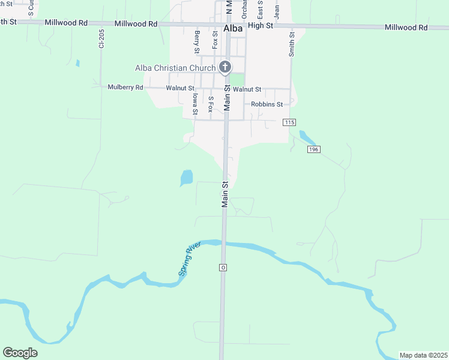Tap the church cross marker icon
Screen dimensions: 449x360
225,67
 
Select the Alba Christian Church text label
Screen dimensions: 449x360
175,68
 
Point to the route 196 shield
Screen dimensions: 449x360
312,149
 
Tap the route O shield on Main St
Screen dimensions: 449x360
223,267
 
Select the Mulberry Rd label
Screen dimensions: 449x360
125,87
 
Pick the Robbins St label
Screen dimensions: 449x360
267,104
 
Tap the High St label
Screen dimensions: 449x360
261,25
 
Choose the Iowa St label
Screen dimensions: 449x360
195,103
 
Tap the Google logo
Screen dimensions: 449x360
20,353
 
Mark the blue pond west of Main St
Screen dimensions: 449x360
187,177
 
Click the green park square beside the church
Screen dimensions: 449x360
238,79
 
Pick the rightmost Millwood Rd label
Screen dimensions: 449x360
406,28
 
